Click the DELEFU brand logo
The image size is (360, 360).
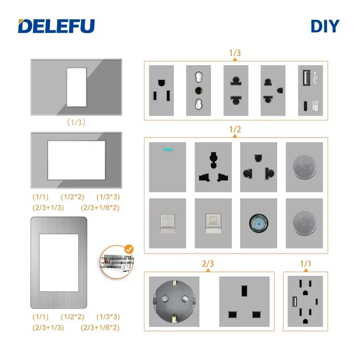click(57, 26)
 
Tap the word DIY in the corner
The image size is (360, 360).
click(325, 26)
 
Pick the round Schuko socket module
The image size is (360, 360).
click(174, 302)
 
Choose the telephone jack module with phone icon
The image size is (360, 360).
click(167, 223)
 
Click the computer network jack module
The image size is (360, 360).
click(213, 223)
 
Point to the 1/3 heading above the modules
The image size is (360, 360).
click(235, 53)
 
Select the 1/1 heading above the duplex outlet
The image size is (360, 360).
click(305, 264)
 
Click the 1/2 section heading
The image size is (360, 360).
click(235, 130)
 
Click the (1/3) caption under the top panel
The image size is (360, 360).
click(76, 122)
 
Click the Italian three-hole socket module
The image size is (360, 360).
click(198, 90)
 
